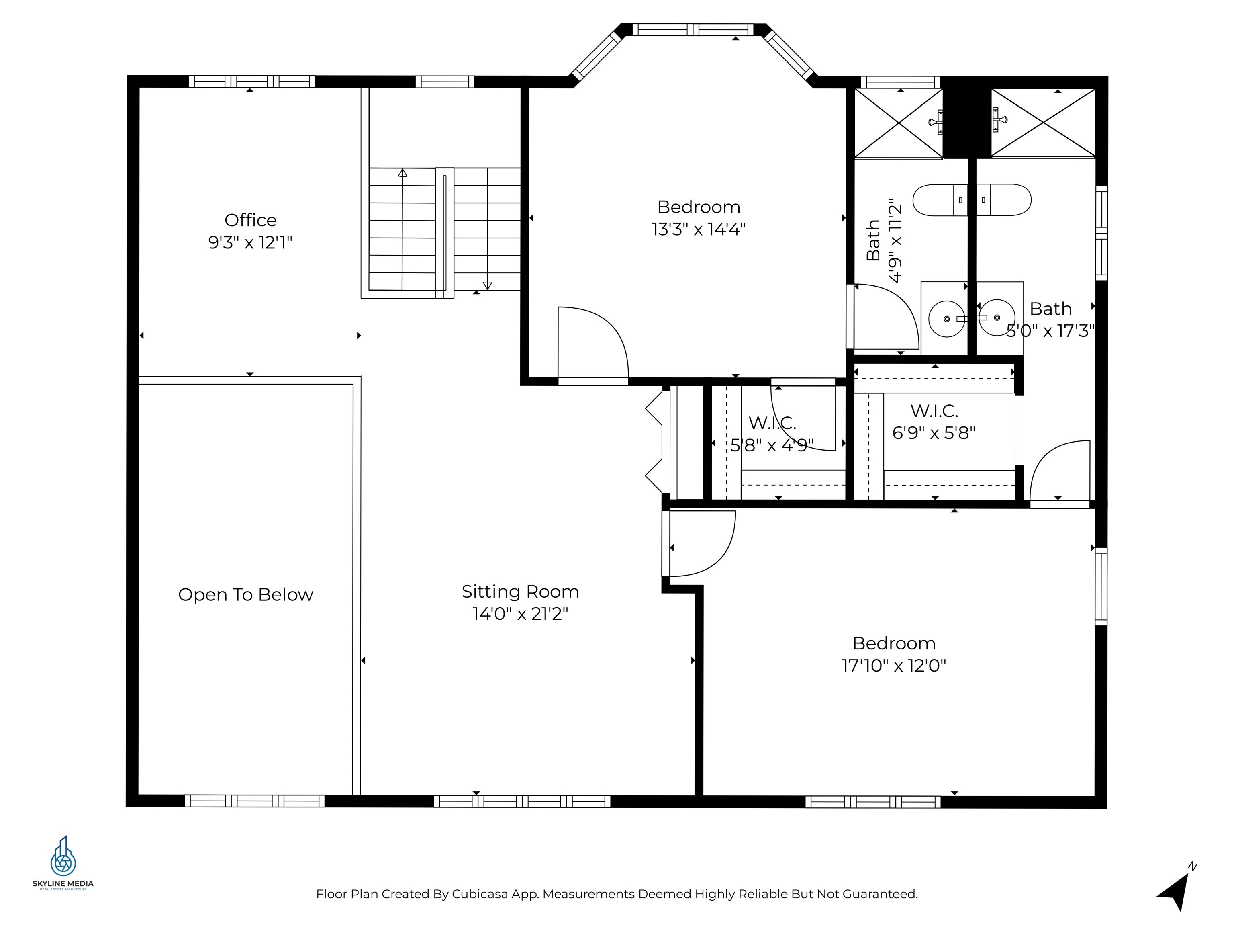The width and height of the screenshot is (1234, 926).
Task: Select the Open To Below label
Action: (x=245, y=594)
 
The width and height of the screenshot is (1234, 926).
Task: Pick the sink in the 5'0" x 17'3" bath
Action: (x=997, y=318)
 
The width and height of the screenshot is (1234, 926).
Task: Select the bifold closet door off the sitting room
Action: (x=654, y=443)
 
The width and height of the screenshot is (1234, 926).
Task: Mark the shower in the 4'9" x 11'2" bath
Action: (x=898, y=123)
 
